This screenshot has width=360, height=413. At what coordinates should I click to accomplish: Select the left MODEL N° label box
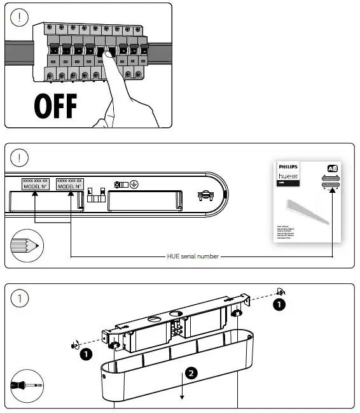click(36, 183)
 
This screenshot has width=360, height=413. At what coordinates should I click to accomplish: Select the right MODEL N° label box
click(70, 183)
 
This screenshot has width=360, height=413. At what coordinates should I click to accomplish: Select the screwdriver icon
click(24, 385)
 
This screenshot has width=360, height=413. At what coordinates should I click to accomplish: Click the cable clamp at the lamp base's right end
click(205, 197)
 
